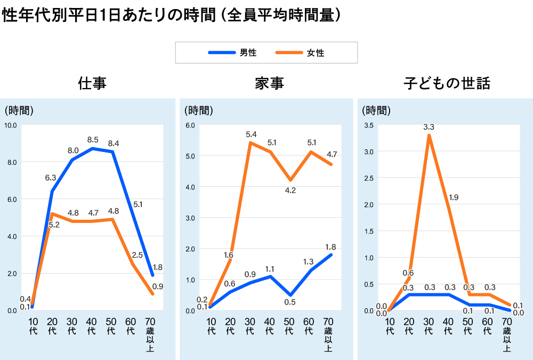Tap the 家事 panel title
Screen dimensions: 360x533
click(269, 84)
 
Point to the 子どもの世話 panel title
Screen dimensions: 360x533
click(447, 84)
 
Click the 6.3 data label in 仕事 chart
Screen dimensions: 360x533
click(51, 177)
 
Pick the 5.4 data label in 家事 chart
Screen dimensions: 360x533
click(249, 134)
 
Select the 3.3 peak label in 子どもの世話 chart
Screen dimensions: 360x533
click(429, 127)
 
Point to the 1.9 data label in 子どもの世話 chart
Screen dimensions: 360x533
click(453, 197)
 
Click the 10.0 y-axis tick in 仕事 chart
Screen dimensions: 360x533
click(11, 125)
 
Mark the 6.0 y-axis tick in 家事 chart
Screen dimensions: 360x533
click(191, 125)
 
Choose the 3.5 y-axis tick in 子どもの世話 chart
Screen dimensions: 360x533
click(369, 125)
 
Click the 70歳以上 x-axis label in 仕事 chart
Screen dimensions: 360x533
click(150, 335)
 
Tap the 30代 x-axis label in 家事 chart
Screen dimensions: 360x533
click(249, 326)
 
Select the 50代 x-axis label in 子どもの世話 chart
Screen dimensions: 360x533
click(467, 326)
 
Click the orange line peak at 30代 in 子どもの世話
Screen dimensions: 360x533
click(429, 135)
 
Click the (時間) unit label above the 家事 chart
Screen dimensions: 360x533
click(198, 111)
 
